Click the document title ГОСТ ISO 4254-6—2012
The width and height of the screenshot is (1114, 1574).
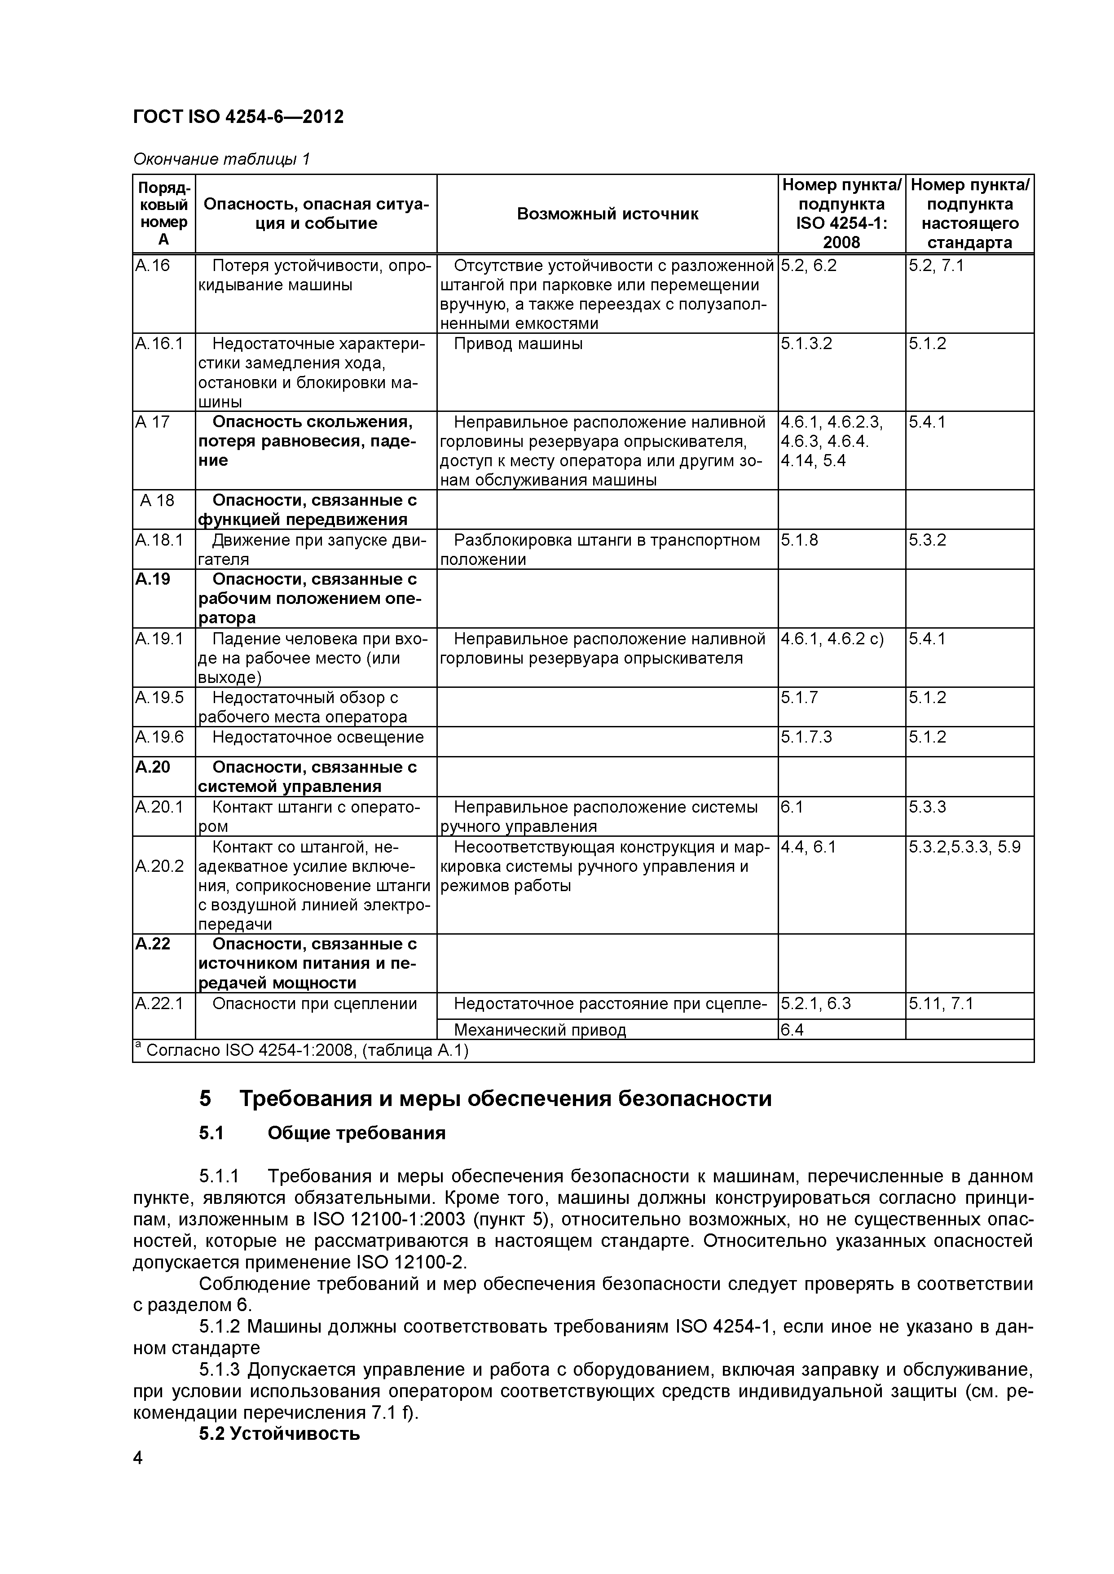(238, 117)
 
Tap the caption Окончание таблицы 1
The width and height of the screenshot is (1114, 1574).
(221, 160)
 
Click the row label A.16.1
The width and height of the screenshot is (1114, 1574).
(159, 343)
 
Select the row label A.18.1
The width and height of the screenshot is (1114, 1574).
(159, 540)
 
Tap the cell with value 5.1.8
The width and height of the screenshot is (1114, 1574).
(799, 540)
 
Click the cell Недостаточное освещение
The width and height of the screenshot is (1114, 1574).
(317, 737)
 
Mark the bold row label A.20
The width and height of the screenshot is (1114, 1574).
(152, 767)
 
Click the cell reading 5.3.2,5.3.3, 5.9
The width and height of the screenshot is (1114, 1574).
(964, 847)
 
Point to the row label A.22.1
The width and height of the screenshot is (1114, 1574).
(159, 1004)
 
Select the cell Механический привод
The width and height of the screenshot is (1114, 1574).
(540, 1030)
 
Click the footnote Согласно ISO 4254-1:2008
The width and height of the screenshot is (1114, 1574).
(302, 1050)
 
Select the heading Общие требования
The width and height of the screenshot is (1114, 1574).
(356, 1133)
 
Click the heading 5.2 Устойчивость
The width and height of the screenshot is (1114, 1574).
(279, 1434)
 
